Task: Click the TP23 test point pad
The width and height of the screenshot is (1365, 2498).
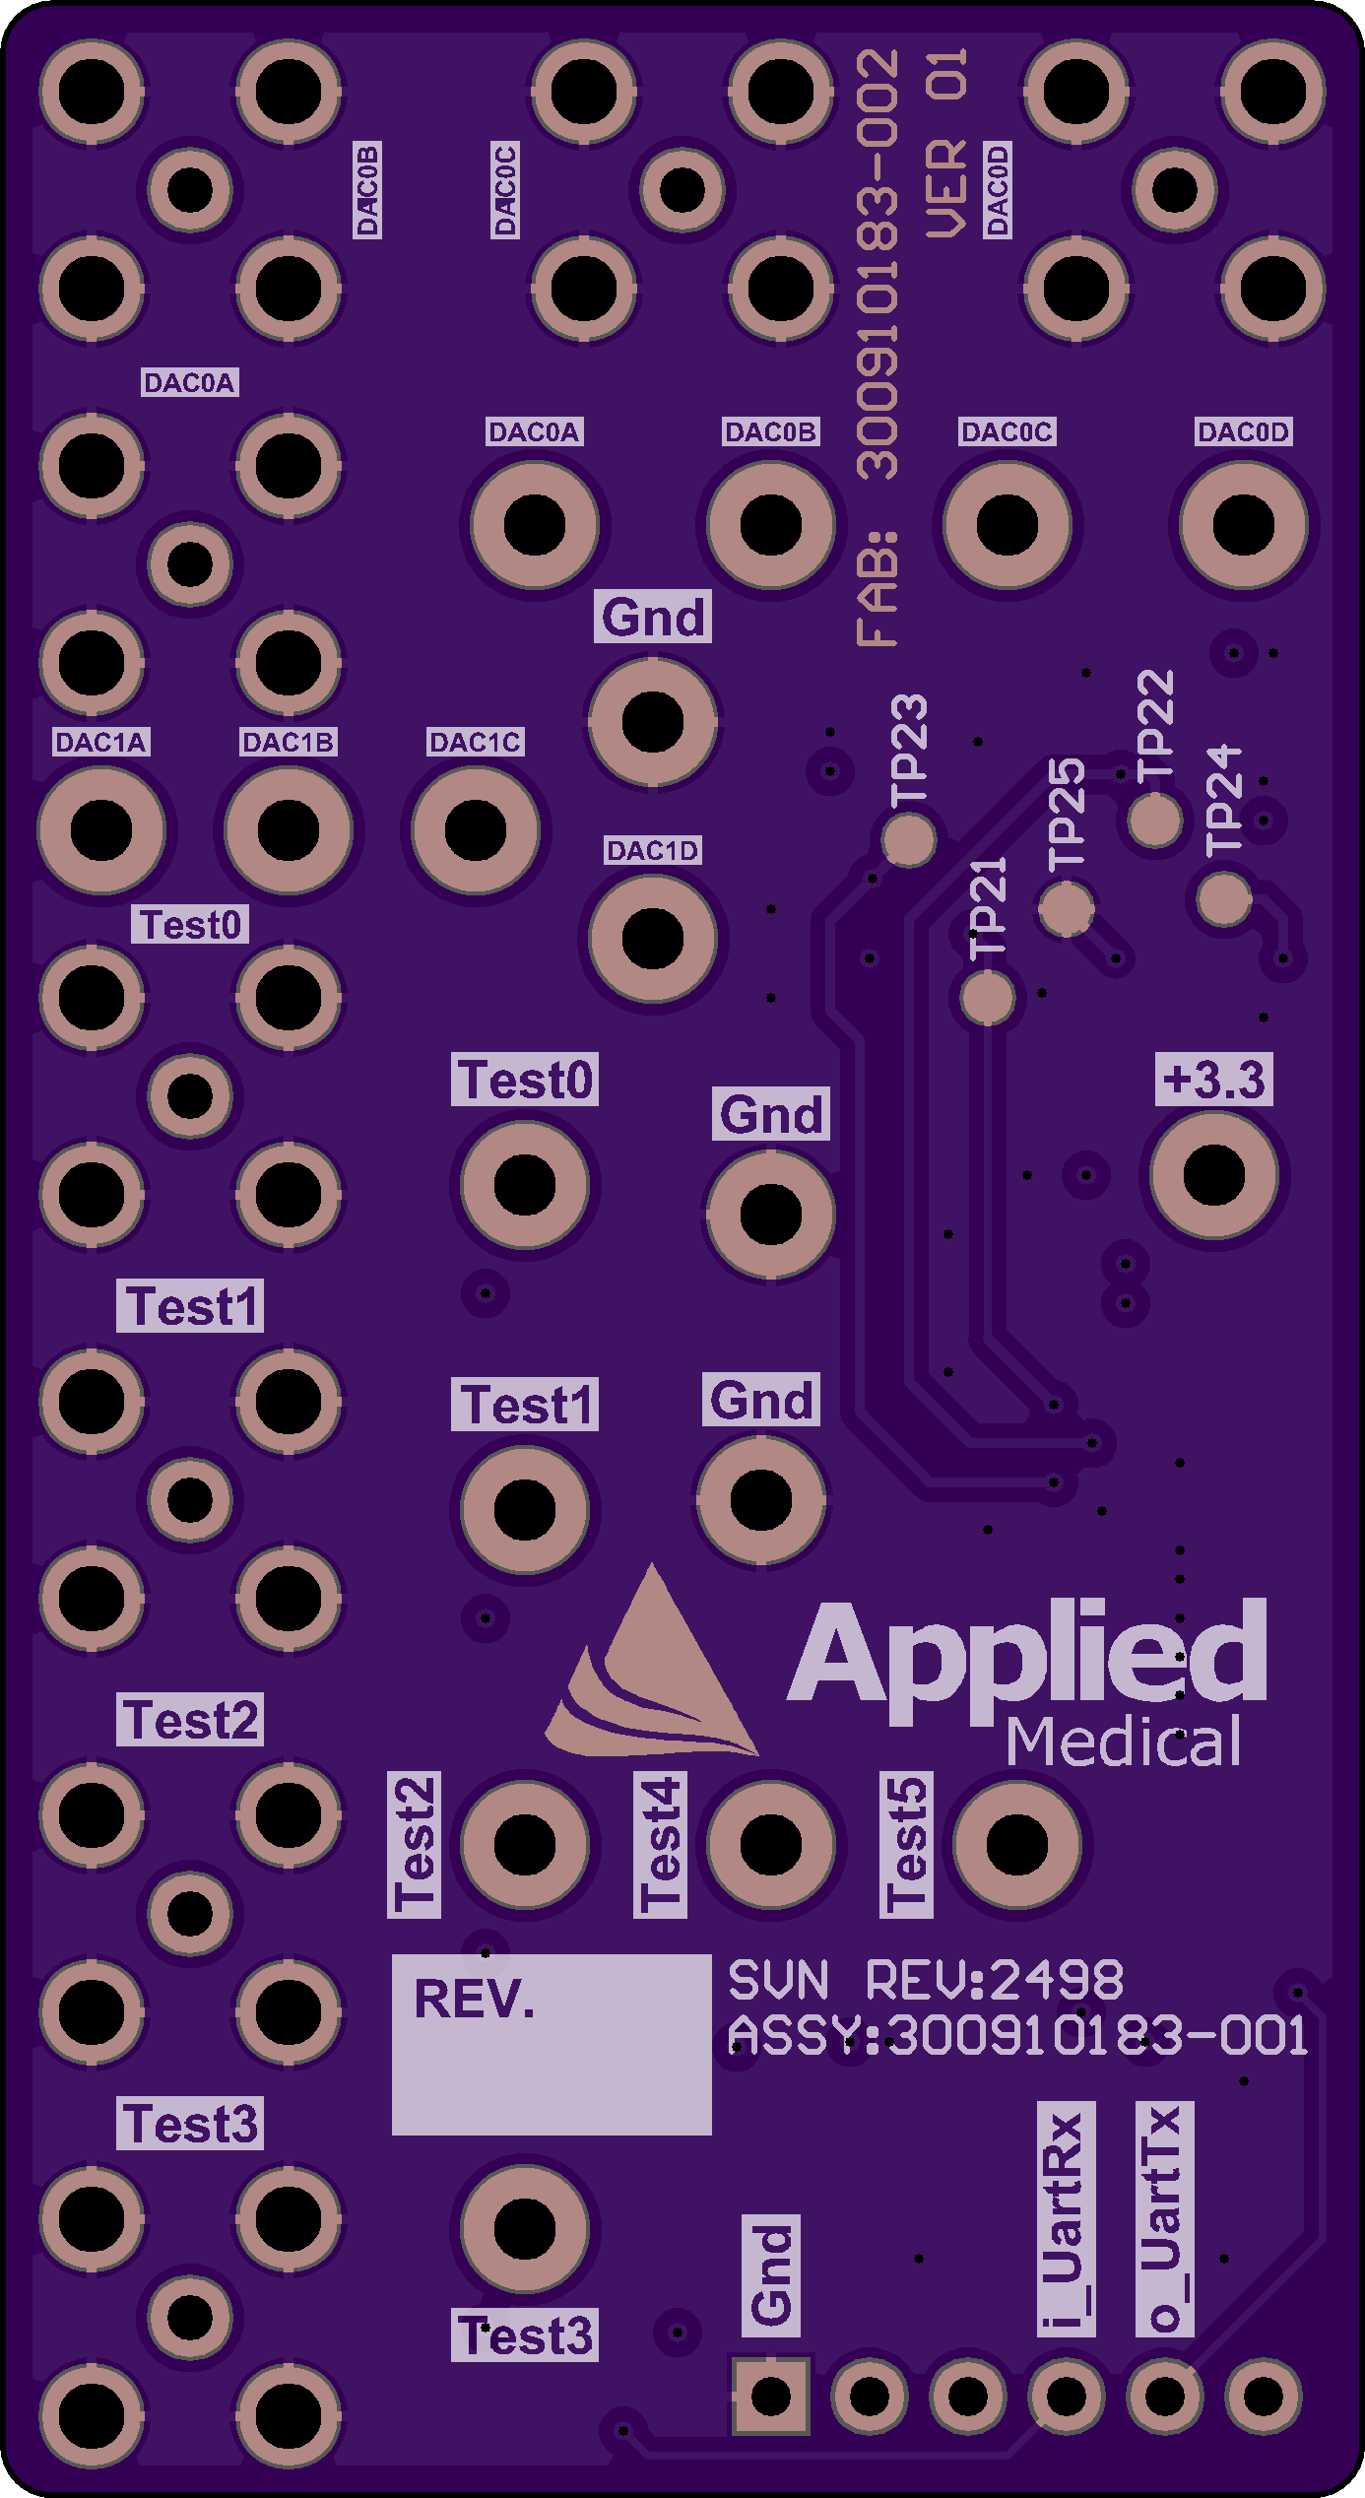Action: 908,839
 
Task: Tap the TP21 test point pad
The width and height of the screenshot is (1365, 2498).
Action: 987,998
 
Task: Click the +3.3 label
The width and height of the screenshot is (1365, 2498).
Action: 1213,1080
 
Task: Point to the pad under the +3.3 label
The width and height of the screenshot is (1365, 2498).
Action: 1213,1175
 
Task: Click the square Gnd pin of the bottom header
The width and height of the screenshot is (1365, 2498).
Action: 770,2396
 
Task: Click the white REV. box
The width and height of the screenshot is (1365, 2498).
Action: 552,2044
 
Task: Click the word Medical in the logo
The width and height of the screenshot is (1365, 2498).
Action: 1123,1742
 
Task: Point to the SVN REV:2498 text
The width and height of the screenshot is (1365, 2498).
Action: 926,1980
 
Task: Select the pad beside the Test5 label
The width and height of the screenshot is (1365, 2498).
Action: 1016,1844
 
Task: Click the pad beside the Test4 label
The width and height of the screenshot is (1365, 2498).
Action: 770,1844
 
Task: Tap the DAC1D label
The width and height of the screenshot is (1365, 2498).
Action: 652,850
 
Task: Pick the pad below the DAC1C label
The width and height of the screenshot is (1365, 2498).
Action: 475,830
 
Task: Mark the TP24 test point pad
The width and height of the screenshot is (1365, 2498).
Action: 1223,898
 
